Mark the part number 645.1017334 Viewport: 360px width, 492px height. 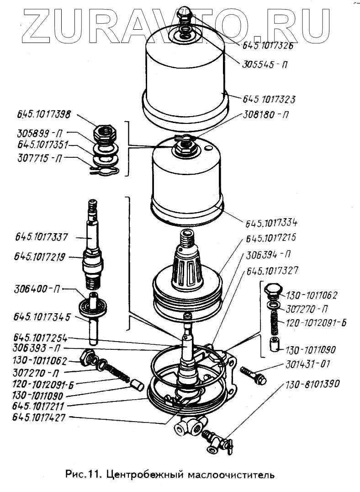pos(271,223)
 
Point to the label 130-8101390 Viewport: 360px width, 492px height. pos(313,384)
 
